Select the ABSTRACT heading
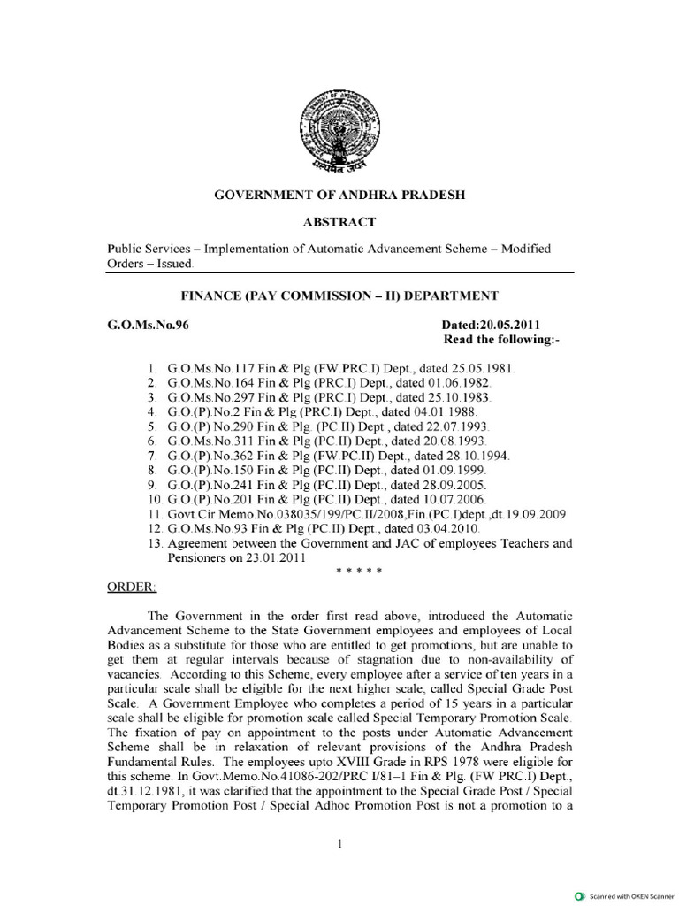click(x=339, y=222)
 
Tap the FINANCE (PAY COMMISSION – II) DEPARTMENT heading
click(x=339, y=295)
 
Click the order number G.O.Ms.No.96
click(x=148, y=325)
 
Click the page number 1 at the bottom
click(x=339, y=847)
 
